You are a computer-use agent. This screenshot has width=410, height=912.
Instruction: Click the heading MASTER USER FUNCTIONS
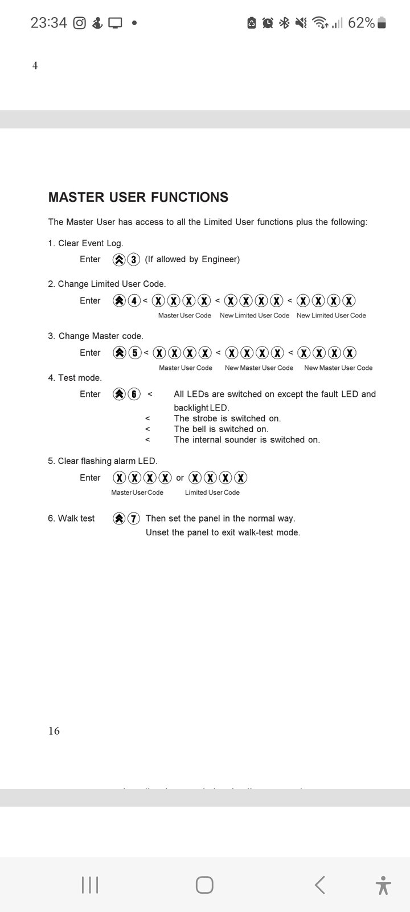click(x=138, y=197)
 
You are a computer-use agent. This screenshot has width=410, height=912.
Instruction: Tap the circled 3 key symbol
click(x=134, y=260)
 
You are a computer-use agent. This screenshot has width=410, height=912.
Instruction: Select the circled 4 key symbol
click(x=134, y=301)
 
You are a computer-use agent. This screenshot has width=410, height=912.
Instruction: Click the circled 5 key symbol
click(x=134, y=353)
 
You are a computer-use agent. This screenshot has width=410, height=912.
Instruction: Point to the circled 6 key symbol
click(x=134, y=394)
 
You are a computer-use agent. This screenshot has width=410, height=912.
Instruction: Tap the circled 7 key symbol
click(x=134, y=519)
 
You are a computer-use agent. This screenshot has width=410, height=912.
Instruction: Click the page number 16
click(x=54, y=731)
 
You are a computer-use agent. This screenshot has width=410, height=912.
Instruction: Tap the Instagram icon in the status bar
click(x=80, y=23)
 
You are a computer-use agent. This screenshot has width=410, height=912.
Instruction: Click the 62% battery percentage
click(x=361, y=23)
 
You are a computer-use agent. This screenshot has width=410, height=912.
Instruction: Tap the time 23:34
click(x=48, y=23)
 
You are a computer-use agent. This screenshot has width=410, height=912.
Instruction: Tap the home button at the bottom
click(x=204, y=885)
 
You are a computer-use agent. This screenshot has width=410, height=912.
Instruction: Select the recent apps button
click(x=90, y=885)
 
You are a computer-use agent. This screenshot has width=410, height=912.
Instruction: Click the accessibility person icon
click(x=383, y=885)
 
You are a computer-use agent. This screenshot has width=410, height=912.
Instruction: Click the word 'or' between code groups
click(x=180, y=478)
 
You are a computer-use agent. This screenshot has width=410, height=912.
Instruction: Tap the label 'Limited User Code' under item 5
click(x=212, y=492)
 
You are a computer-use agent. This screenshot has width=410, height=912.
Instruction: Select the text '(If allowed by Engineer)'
click(x=192, y=259)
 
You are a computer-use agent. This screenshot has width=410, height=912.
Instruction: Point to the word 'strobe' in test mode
click(x=205, y=418)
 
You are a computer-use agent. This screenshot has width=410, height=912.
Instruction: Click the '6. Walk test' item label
click(x=71, y=519)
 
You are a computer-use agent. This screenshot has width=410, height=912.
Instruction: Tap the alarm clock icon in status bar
click(x=268, y=23)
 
